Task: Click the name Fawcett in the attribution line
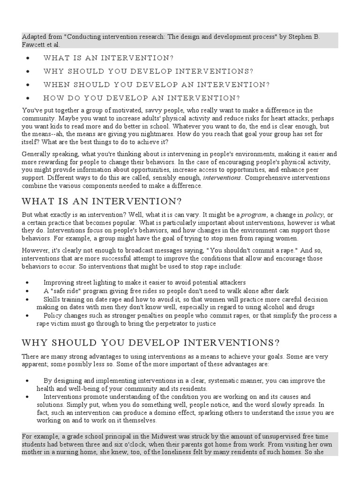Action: (x=35, y=44)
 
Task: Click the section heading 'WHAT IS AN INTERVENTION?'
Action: (x=102, y=201)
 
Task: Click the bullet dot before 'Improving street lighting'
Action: (x=29, y=282)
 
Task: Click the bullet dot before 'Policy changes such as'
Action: (x=29, y=315)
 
